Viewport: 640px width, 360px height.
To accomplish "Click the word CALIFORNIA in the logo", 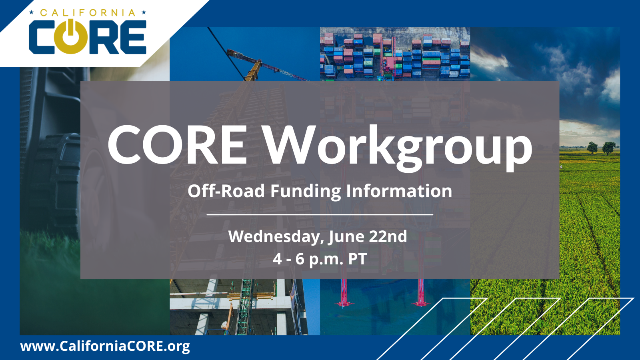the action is click(88, 13).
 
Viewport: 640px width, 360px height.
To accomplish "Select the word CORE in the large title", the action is click(178, 145).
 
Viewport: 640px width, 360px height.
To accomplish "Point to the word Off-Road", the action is click(226, 190).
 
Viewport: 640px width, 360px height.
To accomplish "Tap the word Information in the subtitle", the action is click(399, 190).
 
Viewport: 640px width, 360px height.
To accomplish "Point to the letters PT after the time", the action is click(358, 259).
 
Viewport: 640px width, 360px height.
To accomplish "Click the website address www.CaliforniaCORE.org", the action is click(105, 346).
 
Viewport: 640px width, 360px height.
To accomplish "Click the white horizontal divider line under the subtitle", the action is click(320, 214).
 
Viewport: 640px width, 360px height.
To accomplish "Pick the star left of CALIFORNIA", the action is click(32, 12).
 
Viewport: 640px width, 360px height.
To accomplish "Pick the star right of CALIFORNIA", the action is click(144, 12).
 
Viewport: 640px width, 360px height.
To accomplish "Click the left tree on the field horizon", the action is click(592, 147).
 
